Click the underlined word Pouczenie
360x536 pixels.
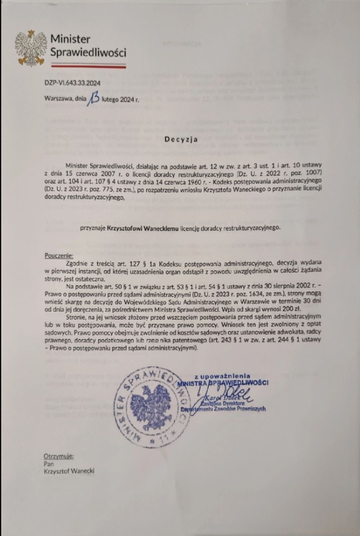tap(59, 255)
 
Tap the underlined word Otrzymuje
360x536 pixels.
tap(59, 456)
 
